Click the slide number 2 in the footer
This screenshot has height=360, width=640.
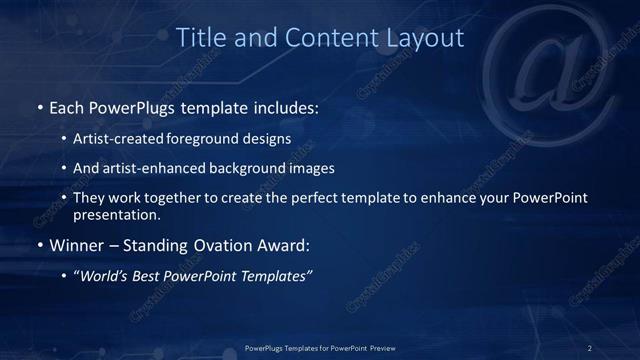coord(590,347)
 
